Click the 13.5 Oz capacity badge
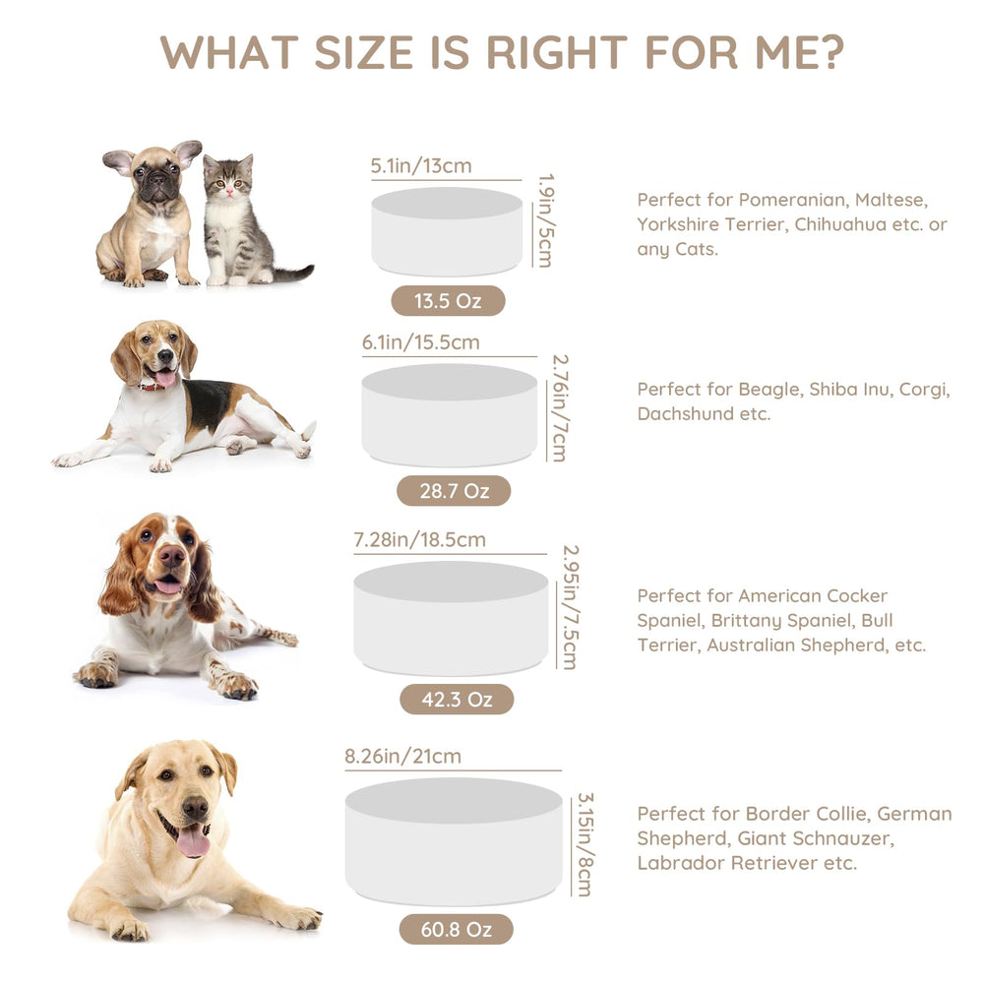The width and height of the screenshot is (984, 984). (448, 300)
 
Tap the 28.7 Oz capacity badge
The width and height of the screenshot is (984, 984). (454, 490)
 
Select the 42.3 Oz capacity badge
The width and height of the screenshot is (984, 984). (457, 699)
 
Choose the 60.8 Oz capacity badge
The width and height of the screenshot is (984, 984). (457, 929)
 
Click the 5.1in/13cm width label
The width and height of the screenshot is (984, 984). (421, 165)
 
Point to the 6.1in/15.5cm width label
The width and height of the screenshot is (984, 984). (420, 342)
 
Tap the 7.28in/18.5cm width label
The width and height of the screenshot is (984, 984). (420, 539)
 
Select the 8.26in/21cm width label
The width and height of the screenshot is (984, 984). (402, 756)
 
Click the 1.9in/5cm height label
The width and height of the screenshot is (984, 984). (546, 220)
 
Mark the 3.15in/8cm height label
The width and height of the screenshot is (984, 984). (584, 844)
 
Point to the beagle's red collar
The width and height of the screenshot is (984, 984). (154, 386)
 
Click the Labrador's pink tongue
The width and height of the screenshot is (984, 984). (193, 841)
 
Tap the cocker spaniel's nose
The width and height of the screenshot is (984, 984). (171, 555)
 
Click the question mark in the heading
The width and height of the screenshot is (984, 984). (831, 51)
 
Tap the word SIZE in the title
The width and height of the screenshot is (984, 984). (363, 52)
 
